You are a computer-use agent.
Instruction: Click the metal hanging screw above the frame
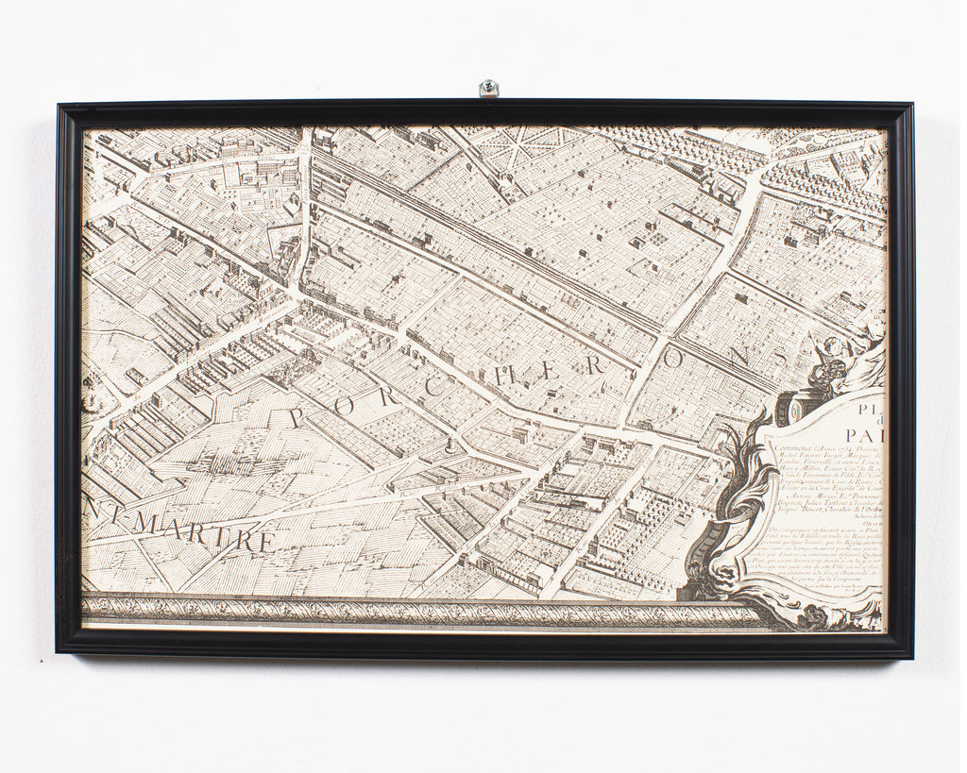pos(488,89)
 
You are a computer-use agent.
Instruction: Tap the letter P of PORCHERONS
pos(299,416)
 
